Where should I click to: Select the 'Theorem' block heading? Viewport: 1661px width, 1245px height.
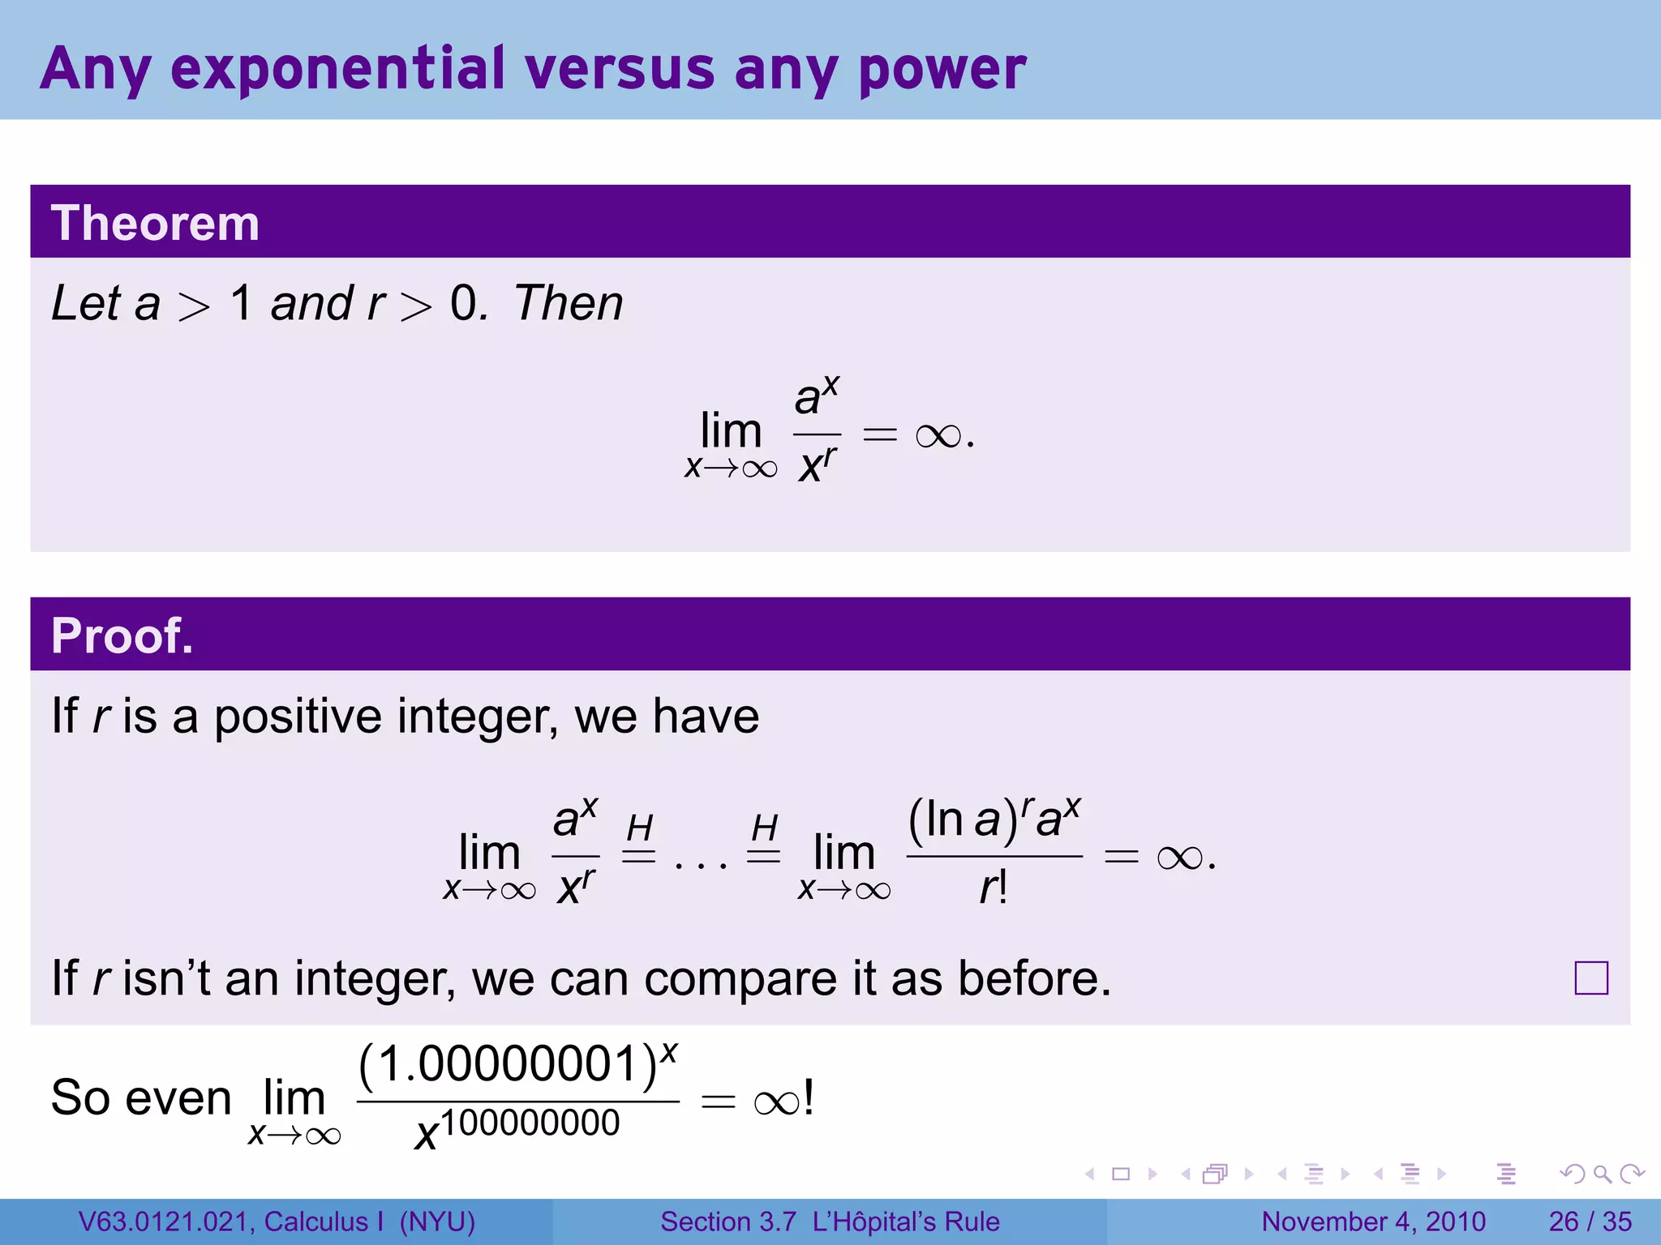[x=155, y=223]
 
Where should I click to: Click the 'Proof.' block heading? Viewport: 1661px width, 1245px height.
[x=122, y=635]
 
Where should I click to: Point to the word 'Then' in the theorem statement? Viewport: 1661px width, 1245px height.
[x=569, y=304]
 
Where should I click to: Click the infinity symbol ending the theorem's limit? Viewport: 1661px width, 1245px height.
[x=938, y=436]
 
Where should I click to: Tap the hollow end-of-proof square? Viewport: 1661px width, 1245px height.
[x=1590, y=978]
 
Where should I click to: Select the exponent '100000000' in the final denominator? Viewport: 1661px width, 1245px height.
[x=530, y=1123]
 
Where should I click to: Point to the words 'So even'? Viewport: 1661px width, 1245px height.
[x=141, y=1098]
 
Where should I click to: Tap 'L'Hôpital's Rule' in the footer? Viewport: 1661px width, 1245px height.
[x=906, y=1221]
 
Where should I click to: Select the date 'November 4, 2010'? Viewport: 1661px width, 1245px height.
[x=1373, y=1221]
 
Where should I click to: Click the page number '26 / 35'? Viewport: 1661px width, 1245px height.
[x=1590, y=1221]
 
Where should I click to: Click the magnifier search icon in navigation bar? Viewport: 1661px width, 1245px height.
[x=1602, y=1174]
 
